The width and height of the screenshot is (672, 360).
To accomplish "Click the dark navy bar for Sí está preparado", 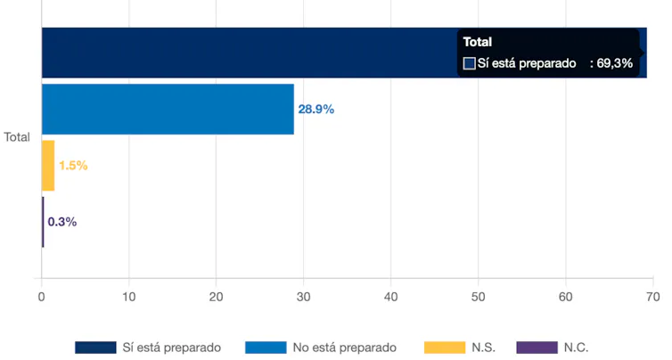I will click(x=250, y=53).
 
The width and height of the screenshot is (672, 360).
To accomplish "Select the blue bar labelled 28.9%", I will click(x=168, y=110).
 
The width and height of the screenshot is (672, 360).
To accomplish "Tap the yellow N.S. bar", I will click(x=48, y=166).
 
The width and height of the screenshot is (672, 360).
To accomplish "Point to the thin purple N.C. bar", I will click(x=43, y=222).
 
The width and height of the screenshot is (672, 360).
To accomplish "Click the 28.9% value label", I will click(x=316, y=110).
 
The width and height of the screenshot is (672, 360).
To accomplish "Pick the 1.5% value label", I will click(x=73, y=166).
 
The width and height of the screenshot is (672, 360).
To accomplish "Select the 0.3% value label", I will click(x=62, y=222).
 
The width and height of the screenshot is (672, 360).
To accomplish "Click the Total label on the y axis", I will click(x=17, y=137).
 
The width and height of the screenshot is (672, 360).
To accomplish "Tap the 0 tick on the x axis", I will click(x=42, y=296).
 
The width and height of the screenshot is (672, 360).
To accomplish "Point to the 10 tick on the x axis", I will click(x=129, y=296).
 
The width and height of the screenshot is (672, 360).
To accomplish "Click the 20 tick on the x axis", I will click(x=217, y=296).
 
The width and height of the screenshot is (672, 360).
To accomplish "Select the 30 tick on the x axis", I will click(x=304, y=296).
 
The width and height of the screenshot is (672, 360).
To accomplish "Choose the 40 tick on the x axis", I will click(x=391, y=296).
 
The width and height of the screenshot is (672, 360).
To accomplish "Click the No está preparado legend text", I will click(x=345, y=348).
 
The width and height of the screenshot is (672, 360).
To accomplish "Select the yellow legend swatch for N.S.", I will click(x=446, y=348).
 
